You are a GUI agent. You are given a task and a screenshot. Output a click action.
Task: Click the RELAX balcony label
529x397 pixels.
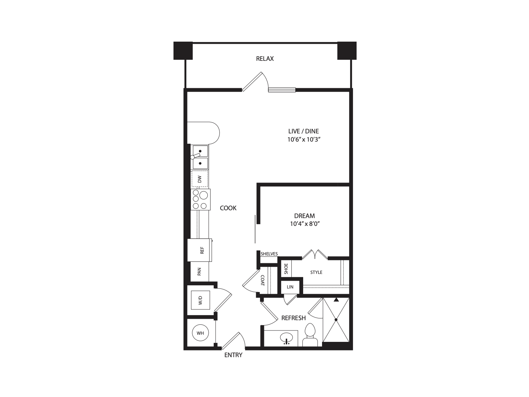(265, 59)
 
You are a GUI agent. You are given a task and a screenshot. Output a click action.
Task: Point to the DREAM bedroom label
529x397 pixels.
(304, 216)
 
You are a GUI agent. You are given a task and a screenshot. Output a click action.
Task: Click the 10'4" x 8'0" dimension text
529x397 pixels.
(304, 224)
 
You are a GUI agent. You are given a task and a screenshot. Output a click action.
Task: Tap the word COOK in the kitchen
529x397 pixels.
(228, 208)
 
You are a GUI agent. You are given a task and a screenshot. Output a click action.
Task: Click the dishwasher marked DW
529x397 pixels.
(199, 179)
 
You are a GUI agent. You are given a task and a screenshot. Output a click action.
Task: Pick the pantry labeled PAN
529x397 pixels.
(199, 271)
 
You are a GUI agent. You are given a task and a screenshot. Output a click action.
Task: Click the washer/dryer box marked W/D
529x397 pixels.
(200, 301)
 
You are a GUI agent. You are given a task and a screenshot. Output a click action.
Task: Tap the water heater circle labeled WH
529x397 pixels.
(200, 333)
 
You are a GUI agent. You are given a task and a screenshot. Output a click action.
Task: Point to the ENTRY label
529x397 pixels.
(233, 355)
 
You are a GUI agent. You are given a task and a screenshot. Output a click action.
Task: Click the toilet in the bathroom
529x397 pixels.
(310, 334)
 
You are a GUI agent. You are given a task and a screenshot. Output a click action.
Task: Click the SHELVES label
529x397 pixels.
(269, 254)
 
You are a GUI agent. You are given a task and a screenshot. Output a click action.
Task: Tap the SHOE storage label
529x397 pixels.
(286, 269)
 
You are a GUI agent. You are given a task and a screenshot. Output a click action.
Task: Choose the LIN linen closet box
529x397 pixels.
(290, 287)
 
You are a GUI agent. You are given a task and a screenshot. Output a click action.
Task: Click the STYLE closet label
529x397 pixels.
(316, 272)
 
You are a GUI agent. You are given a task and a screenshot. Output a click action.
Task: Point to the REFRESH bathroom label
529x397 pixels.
(294, 318)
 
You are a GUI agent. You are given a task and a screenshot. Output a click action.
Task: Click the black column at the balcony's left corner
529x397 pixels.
(183, 51)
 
